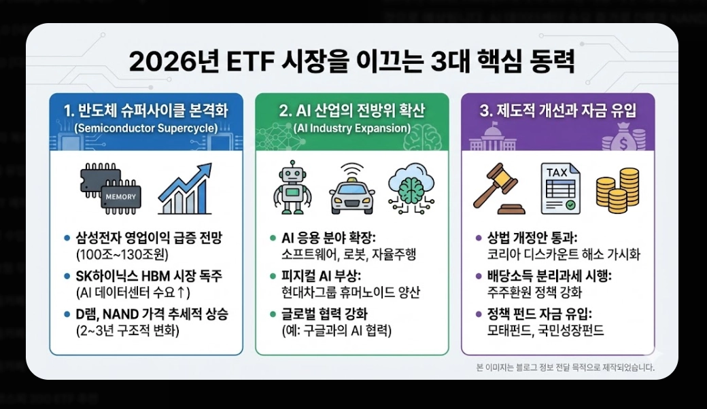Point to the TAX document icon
point(559,188)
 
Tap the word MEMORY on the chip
point(122,197)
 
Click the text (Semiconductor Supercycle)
point(145,128)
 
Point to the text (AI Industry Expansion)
point(351,128)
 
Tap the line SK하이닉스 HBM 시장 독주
point(147,277)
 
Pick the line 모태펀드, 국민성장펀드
point(546,332)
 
